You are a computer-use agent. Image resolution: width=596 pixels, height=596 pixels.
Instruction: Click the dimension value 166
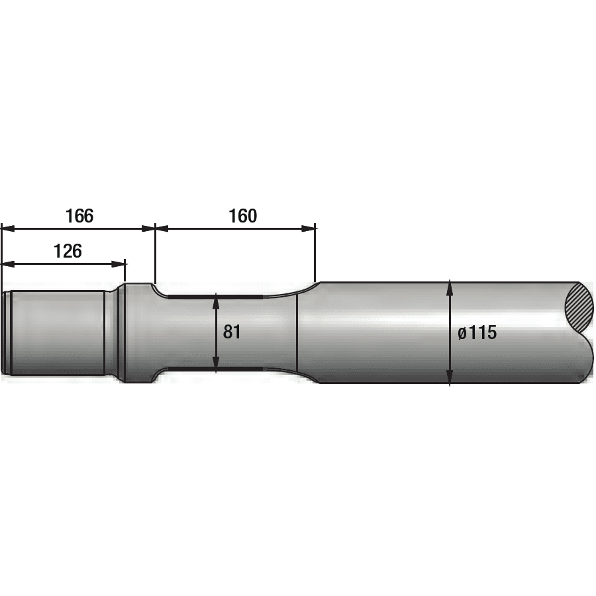coord(79,216)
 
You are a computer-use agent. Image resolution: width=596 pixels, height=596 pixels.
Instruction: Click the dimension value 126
coord(68,251)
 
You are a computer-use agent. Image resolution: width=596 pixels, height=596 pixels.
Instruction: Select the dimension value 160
coord(242,216)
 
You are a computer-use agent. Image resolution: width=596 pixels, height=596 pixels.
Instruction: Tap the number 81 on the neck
coord(232,332)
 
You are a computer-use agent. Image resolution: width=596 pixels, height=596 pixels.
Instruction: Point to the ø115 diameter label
coord(477,332)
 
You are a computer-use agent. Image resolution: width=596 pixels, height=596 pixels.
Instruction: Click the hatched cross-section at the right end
coord(580,306)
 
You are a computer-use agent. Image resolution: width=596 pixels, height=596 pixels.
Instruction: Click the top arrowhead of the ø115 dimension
coord(450,287)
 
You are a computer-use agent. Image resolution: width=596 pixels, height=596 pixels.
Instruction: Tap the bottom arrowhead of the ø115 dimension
coord(450,379)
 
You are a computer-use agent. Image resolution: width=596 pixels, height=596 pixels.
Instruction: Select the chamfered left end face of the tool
coord(6,332)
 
